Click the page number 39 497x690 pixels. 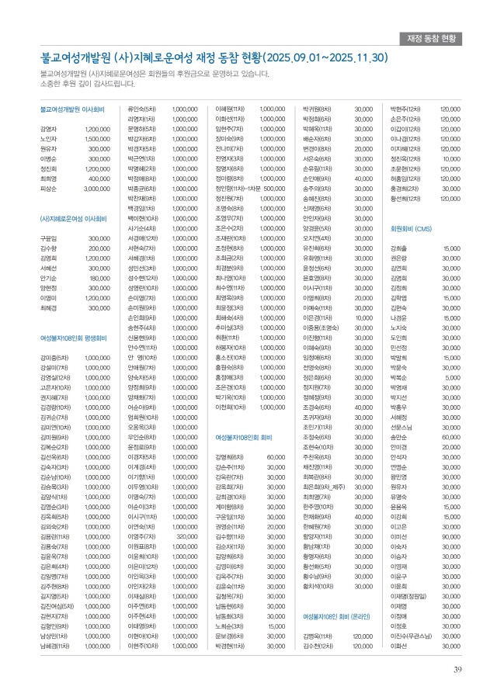click(459, 671)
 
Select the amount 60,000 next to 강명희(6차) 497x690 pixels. click(275, 457)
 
